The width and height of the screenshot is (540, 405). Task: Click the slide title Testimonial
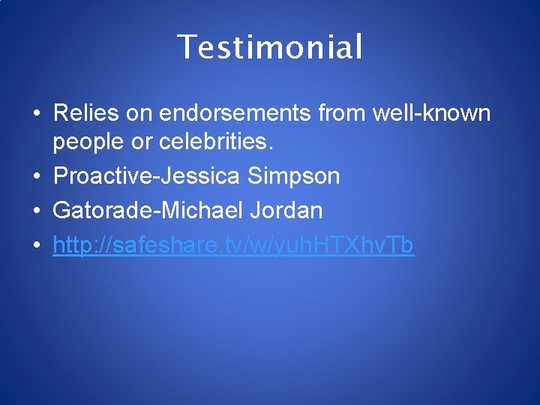(x=270, y=47)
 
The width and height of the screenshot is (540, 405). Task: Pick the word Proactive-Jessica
(x=146, y=177)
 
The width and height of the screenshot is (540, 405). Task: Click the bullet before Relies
(x=36, y=115)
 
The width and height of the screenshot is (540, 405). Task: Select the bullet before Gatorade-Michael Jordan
(x=36, y=211)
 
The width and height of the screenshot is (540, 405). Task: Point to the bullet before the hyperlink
(x=36, y=245)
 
